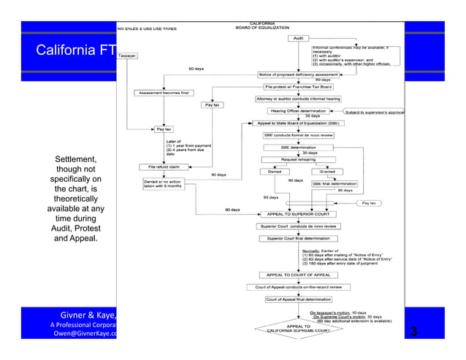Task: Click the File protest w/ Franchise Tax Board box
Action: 299,86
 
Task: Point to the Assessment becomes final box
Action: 160,93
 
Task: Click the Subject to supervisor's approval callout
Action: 373,112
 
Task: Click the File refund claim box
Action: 162,166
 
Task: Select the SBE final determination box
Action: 335,183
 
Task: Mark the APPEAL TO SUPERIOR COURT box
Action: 299,214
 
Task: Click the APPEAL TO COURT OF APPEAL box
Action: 298,275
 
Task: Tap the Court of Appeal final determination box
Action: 299,299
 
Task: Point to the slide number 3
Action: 413,333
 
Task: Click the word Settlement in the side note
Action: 69,158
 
